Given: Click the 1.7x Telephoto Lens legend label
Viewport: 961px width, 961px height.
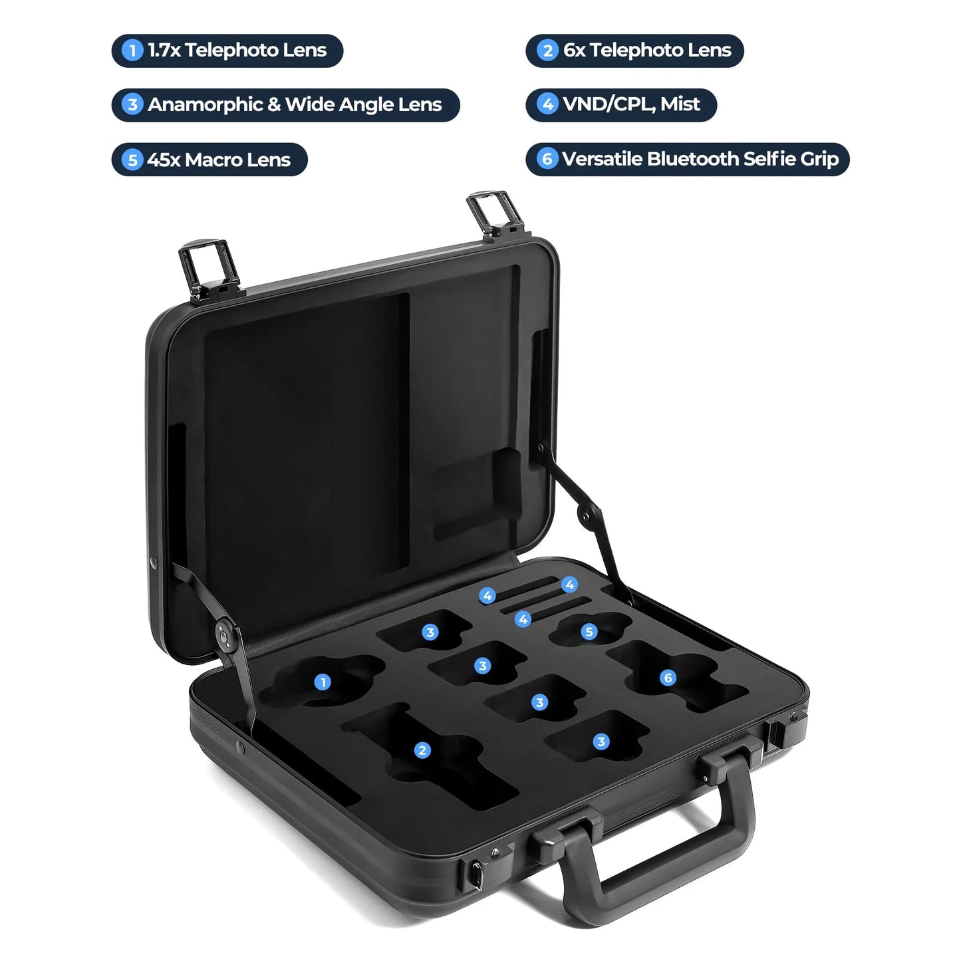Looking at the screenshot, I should click(227, 51).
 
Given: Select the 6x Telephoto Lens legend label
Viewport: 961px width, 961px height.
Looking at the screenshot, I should click(634, 51).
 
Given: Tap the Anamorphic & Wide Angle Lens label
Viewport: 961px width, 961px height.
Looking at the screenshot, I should click(285, 105).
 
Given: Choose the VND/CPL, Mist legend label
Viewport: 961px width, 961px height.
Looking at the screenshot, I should click(621, 104).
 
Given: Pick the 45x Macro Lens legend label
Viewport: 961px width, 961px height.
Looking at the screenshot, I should click(209, 160).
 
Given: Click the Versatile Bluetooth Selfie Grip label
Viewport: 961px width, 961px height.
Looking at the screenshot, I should click(688, 159).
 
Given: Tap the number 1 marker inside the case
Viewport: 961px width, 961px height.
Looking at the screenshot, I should click(323, 682).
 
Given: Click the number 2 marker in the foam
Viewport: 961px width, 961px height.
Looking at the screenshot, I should click(422, 750).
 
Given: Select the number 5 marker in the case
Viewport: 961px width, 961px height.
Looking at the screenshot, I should click(589, 631).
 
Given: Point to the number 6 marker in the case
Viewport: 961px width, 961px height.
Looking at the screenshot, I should click(668, 678).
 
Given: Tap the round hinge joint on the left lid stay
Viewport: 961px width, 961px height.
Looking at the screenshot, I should click(225, 636).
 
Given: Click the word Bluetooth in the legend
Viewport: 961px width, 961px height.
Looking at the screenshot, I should click(693, 159).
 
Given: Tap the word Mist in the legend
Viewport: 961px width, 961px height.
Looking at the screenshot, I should click(680, 104).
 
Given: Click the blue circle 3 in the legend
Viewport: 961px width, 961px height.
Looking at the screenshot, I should click(132, 105).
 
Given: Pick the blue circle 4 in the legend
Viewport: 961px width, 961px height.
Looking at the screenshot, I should click(547, 104).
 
